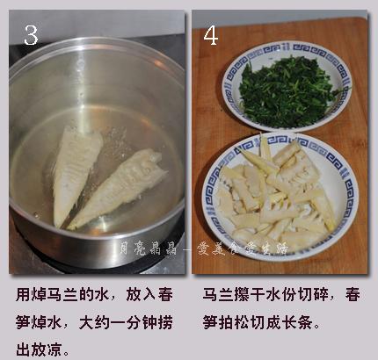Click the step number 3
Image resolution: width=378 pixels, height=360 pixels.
coord(32,34)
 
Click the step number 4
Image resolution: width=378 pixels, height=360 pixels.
coord(211,34)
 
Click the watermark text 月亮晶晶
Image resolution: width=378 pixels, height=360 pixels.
coord(141,248)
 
